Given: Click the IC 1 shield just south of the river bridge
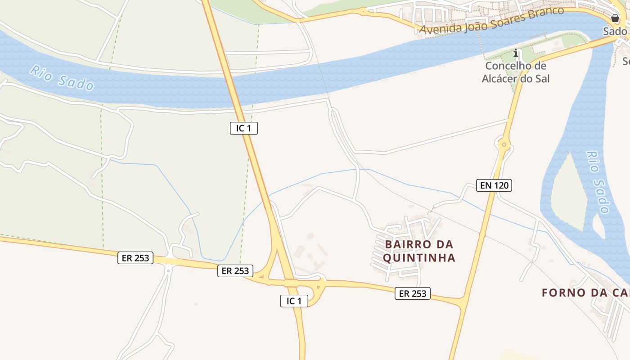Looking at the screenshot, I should [x=243, y=128].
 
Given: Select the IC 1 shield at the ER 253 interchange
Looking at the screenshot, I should [x=294, y=301].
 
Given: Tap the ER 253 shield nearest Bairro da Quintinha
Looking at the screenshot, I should [x=413, y=293].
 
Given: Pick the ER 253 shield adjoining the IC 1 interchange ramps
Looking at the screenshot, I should [x=235, y=271].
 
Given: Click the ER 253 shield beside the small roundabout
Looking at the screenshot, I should [x=135, y=258].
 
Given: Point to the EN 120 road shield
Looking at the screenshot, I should [x=494, y=185].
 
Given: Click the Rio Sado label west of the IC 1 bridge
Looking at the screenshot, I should [x=62, y=77].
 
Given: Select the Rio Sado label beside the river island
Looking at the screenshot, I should [x=598, y=182].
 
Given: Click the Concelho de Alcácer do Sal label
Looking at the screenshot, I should [x=516, y=72].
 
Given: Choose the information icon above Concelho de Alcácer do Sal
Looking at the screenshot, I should [x=516, y=54].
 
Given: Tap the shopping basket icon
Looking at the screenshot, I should [x=615, y=18].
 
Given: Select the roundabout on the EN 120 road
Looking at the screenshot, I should [x=504, y=145].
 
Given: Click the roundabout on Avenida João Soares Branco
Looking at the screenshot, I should [x=363, y=11].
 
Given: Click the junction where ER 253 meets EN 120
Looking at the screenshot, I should [x=463, y=303].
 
